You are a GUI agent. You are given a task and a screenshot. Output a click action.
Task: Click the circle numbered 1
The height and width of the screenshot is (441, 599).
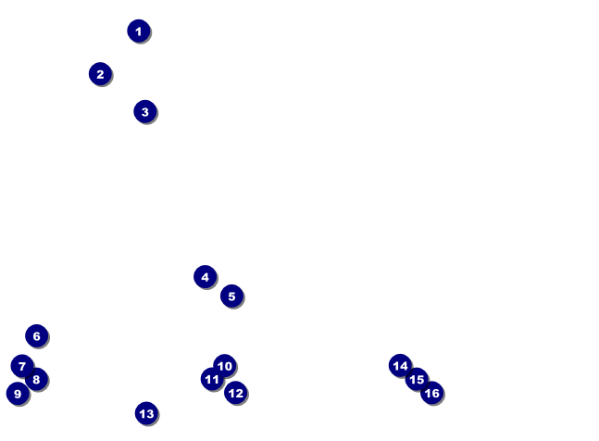pos(138,31)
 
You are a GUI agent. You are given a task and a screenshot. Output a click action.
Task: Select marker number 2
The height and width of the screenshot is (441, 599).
pos(100,74)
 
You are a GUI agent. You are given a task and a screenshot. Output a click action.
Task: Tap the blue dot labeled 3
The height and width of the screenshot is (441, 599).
pos(144,112)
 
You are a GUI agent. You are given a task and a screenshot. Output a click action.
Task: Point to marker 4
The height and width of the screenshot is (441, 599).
pos(205,277)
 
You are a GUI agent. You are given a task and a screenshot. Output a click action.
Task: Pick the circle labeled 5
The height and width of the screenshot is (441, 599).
pos(231,296)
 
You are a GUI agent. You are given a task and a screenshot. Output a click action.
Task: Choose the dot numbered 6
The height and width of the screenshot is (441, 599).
pos(36,336)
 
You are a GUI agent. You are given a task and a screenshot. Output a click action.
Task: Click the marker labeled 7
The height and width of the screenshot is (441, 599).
pos(21,366)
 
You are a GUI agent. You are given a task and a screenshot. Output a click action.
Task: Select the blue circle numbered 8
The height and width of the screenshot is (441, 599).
pos(36,379)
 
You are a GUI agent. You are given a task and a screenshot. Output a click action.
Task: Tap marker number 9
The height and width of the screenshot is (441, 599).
pos(17,394)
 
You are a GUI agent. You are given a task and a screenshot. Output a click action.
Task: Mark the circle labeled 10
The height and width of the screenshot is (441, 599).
pos(224,366)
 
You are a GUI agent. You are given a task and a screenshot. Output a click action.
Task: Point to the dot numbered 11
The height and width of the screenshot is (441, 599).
pos(212,379)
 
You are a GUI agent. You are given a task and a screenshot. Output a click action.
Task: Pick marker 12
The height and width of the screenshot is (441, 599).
pos(235,393)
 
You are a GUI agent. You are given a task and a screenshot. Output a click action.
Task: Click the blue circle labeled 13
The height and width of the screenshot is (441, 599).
pos(146,413)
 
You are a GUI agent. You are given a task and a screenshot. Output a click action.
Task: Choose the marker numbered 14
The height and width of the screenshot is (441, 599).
pos(400,366)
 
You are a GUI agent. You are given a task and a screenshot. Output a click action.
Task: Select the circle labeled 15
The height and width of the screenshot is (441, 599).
pos(417,379)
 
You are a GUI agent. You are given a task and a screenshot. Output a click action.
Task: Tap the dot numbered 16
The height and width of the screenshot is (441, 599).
pos(431,393)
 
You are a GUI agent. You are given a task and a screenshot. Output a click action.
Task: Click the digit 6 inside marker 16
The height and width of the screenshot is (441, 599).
pos(435,394)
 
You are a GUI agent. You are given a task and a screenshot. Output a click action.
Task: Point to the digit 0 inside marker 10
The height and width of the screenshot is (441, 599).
pos(228,367)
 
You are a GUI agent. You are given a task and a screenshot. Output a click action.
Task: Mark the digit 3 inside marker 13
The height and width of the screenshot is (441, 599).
pos(150,414)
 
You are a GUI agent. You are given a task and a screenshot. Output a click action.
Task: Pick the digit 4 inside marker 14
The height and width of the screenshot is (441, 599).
pos(404,367)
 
